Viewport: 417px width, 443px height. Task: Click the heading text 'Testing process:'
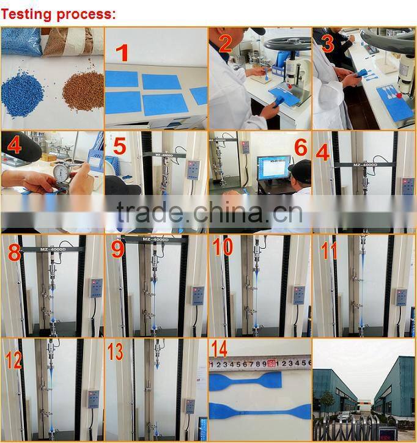click(x=58, y=14)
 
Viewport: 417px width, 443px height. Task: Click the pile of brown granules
click(x=83, y=91)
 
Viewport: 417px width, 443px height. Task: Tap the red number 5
click(x=120, y=147)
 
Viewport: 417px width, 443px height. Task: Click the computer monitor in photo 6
click(x=273, y=167)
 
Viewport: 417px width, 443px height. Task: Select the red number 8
click(x=15, y=251)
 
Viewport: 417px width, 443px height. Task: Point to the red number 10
click(x=223, y=247)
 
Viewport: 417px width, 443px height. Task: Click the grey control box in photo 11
click(x=401, y=296)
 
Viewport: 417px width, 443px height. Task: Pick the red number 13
click(x=115, y=351)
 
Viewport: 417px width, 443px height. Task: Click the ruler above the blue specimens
click(x=260, y=362)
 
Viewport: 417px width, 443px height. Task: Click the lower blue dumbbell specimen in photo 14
click(x=259, y=410)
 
